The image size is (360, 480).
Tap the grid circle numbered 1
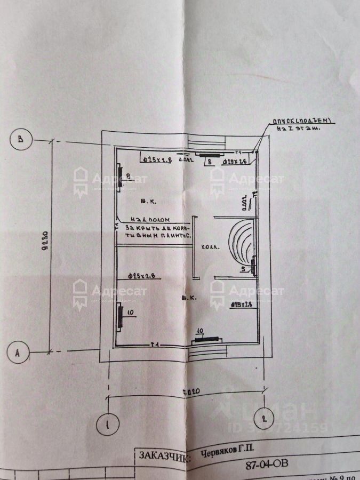(x=108, y=425)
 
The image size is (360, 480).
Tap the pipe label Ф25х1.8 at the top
(x=155, y=158)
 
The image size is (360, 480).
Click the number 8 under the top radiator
(x=210, y=161)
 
